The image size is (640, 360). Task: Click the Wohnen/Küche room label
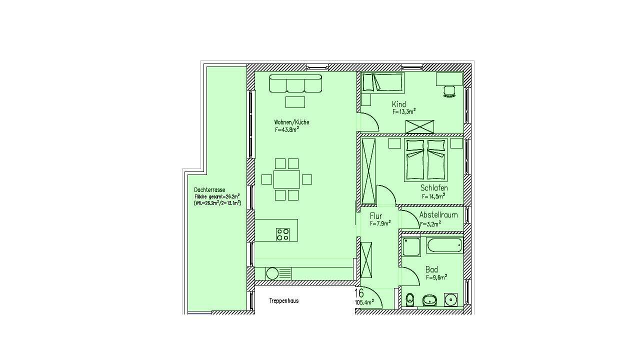(291, 122)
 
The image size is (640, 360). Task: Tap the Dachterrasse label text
(209, 190)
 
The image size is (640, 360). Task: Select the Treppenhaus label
(283, 301)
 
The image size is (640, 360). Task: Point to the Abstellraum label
(438, 215)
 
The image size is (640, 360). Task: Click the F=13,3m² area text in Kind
(403, 111)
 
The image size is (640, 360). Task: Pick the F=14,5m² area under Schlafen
(433, 196)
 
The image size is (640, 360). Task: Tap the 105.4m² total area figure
(364, 302)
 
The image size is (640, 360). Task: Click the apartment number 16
(359, 293)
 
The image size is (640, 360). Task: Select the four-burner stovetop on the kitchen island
(282, 234)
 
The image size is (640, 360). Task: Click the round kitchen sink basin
(272, 273)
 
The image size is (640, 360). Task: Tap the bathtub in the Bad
(444, 245)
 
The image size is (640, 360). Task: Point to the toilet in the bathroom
(410, 299)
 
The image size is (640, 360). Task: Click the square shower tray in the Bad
(411, 247)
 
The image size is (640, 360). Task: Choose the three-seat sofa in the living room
(295, 83)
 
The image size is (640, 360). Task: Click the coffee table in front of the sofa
(295, 102)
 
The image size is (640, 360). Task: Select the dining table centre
(286, 179)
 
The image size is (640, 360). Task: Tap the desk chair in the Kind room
(449, 91)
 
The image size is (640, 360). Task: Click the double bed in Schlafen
(425, 160)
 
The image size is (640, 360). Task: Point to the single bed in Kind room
(383, 83)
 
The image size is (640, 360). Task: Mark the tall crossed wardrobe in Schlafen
(368, 171)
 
